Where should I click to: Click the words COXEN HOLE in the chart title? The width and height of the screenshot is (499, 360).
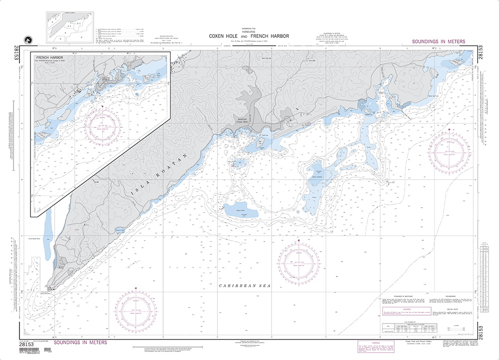pyautogui.click(x=224, y=36)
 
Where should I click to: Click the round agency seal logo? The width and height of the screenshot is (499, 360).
pyautogui.click(x=27, y=40)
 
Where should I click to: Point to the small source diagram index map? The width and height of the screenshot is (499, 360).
pyautogui.click(x=66, y=27)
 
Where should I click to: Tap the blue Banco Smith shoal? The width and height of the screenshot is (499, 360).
pyautogui.click(x=240, y=210)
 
